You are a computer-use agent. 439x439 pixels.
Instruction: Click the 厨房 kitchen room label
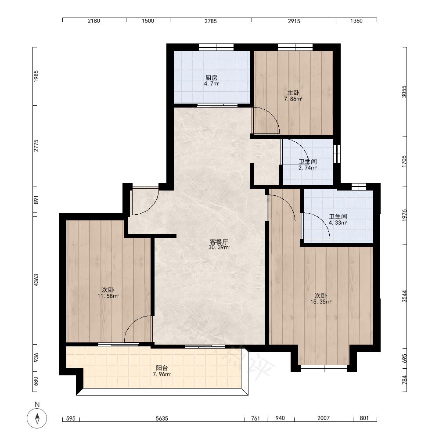[x=212, y=78]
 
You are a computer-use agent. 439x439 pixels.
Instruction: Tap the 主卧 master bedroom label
[x=293, y=93]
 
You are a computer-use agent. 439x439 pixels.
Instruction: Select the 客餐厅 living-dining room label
[x=219, y=241]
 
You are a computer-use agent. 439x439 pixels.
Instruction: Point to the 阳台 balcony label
[x=162, y=368]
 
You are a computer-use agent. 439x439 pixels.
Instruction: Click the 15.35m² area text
[x=321, y=302]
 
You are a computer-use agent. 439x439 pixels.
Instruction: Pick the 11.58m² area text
[x=108, y=296]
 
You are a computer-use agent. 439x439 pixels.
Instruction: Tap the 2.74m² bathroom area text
[x=307, y=168]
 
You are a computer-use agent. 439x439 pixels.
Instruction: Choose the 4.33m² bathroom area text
[x=338, y=223]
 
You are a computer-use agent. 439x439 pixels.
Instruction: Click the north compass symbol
[x=37, y=418]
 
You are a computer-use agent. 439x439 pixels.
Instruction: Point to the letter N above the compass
[x=37, y=404]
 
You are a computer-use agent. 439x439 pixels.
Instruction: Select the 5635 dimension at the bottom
[x=162, y=418]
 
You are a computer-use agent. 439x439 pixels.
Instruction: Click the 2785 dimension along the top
[x=211, y=21]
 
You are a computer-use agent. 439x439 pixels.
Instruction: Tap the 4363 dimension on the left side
[x=36, y=280]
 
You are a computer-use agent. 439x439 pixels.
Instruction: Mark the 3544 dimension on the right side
[x=404, y=296]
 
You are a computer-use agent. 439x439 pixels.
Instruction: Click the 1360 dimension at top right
[x=356, y=21]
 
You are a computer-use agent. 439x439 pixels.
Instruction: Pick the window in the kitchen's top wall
[x=216, y=47]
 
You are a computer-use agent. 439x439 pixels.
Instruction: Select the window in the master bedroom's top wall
[x=295, y=47]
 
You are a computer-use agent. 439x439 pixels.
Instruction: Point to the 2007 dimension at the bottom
[x=324, y=418]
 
